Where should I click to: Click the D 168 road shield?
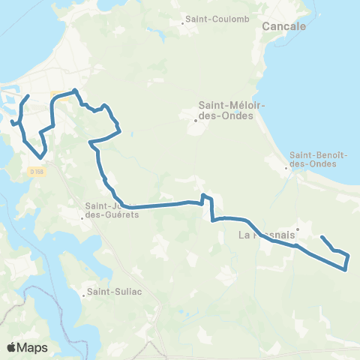(x=37, y=172)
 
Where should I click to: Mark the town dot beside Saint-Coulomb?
(x=183, y=23)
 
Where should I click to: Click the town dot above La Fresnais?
(x=298, y=229)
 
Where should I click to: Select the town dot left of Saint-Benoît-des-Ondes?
(x=287, y=168)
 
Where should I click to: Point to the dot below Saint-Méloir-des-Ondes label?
(x=195, y=120)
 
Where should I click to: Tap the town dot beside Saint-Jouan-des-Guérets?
(x=82, y=218)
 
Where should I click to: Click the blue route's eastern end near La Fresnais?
(x=322, y=237)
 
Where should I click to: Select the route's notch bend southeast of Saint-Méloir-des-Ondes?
(x=207, y=199)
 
